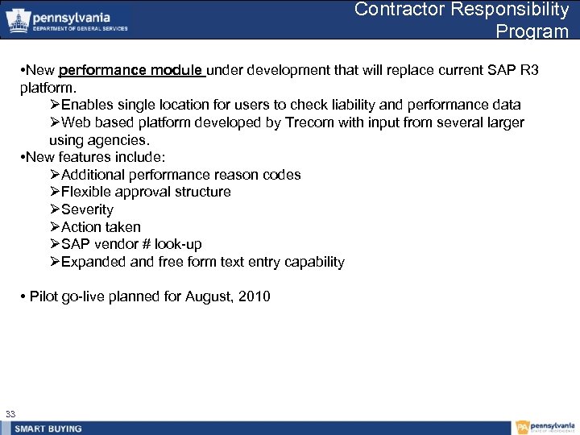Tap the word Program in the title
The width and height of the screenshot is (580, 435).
click(532, 31)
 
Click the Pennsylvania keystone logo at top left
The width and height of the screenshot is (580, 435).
click(18, 21)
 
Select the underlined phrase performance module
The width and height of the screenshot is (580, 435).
click(132, 70)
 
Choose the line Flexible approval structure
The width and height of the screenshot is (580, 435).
click(146, 192)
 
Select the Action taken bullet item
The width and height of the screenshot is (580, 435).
click(101, 227)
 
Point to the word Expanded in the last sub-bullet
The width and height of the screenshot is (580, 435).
click(93, 262)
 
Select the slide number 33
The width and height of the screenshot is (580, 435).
click(10, 414)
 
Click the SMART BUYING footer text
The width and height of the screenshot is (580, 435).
click(48, 429)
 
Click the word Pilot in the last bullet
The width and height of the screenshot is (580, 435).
click(44, 296)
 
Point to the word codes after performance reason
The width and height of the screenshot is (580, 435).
click(282, 175)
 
